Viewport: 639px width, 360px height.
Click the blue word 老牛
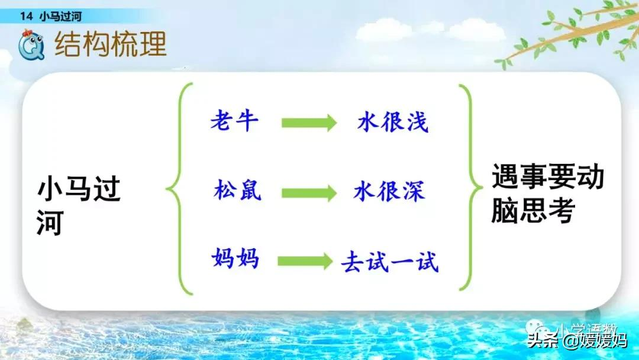pyautogui.click(x=234, y=121)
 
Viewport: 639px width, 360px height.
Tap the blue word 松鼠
pyautogui.click(x=237, y=191)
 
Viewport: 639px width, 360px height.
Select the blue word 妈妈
pyautogui.click(x=235, y=259)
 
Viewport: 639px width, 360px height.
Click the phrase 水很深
pyautogui.click(x=389, y=191)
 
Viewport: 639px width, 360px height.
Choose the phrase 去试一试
pyautogui.click(x=390, y=261)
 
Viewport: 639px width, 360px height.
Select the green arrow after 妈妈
pyautogui.click(x=305, y=261)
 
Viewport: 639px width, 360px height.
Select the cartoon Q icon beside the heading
pyautogui.click(x=30, y=46)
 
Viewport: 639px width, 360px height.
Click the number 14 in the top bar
pyautogui.click(x=26, y=17)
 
